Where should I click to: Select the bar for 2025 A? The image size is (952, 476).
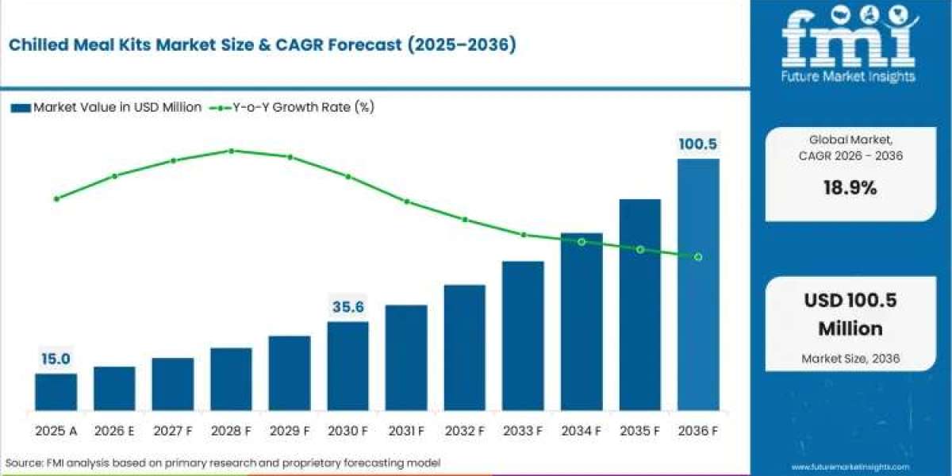(56, 392)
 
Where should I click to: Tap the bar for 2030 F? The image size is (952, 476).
(347, 366)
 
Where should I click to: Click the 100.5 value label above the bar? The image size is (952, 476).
(698, 144)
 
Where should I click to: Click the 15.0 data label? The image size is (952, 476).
(56, 359)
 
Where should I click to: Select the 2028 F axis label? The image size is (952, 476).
(231, 431)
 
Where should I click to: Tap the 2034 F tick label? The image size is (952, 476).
(582, 431)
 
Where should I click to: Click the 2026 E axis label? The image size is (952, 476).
(114, 431)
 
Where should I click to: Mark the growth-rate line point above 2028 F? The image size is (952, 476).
(231, 151)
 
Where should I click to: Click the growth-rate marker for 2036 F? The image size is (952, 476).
(698, 257)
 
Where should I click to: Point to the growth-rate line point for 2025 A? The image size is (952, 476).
(56, 198)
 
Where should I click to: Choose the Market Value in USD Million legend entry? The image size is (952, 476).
(106, 107)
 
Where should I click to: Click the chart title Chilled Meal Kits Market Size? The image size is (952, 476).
(263, 45)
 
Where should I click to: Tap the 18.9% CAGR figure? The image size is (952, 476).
(850, 189)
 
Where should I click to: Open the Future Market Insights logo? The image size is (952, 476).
(848, 44)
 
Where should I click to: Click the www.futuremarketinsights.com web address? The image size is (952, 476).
(850, 467)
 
